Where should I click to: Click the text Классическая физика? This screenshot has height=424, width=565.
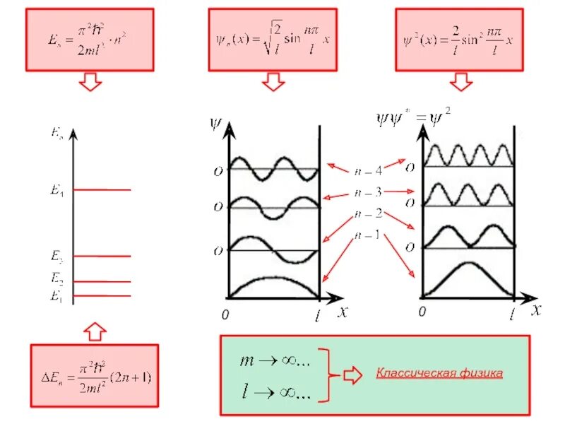(x=439, y=373)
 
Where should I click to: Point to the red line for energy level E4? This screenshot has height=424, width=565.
(x=102, y=189)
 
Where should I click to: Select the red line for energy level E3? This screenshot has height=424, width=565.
(x=102, y=256)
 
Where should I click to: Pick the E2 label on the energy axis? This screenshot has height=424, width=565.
(x=57, y=278)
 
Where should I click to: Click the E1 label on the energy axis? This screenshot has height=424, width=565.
(x=56, y=296)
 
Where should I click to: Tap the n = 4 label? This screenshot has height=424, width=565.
(x=368, y=170)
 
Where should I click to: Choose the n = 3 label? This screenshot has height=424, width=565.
(x=368, y=192)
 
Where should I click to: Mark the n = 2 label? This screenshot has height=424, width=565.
(x=368, y=213)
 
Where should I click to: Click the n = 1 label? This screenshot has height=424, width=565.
(x=368, y=235)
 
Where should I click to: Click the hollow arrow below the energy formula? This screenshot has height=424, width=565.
(x=90, y=83)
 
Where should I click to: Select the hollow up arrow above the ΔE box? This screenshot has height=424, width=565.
(x=95, y=330)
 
